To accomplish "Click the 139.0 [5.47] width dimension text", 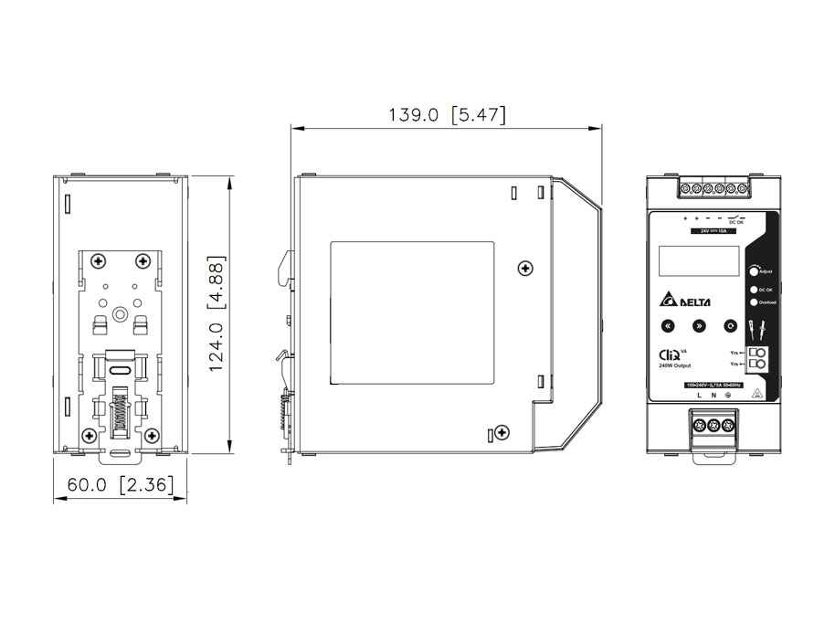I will coord(447,115).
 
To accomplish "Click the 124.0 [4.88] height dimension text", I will coord(217,313).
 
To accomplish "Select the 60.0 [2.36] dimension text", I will coord(121,484).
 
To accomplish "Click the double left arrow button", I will coord(668,325).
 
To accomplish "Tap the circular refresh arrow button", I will coord(730,325).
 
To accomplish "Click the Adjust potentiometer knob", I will coord(755,271).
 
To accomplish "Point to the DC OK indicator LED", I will coord(753,290).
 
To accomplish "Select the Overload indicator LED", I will coord(753,302).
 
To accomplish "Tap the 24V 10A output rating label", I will coord(709,231).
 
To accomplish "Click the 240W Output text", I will coord(675,365).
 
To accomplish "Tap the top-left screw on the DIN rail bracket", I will coord(95,261).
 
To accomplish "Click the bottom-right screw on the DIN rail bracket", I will coord(145,437).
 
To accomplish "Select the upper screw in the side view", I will coord(523,268).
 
